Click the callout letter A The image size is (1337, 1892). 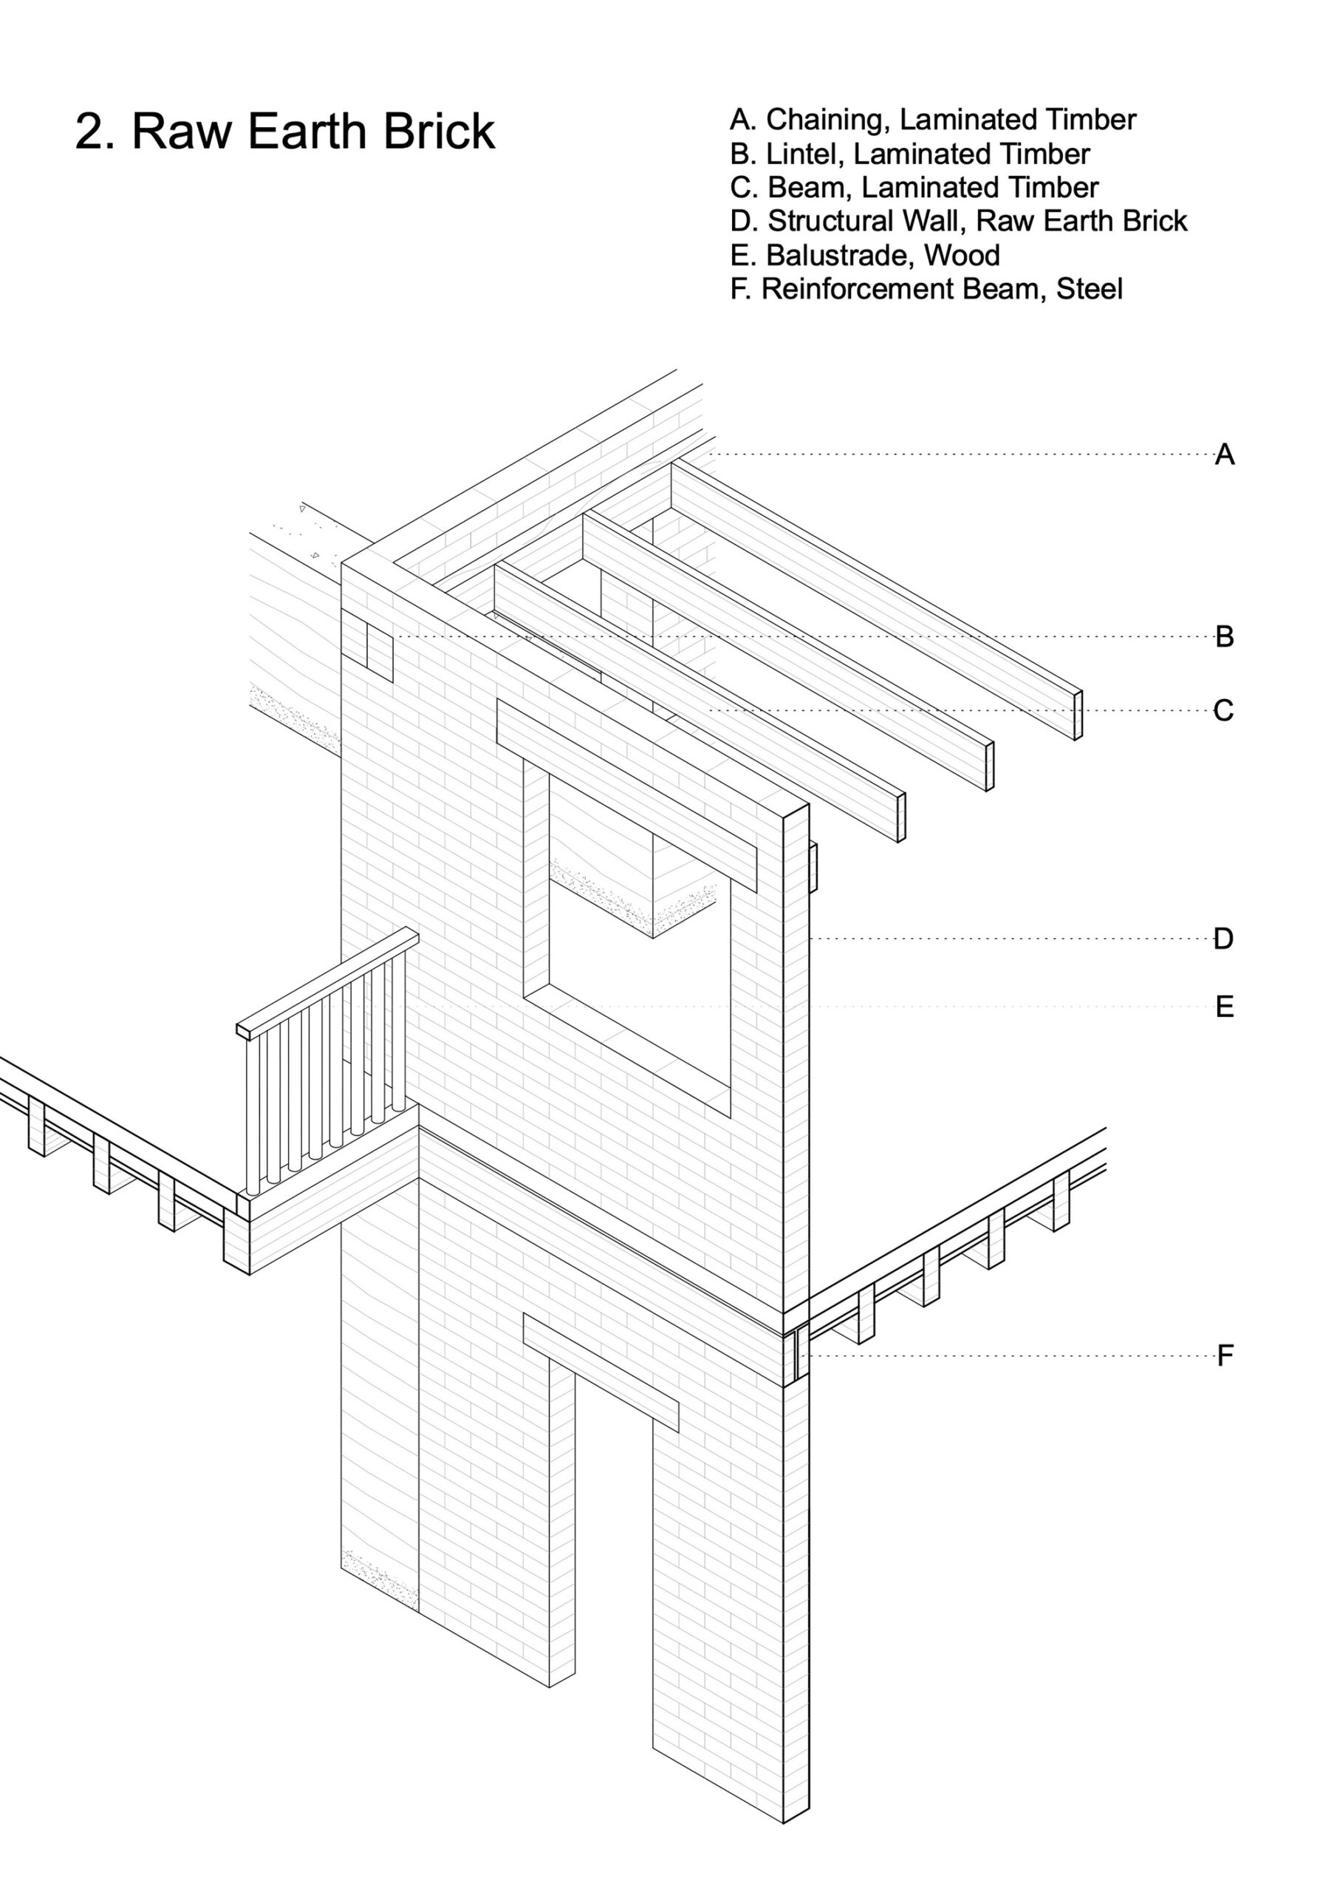tap(1224, 454)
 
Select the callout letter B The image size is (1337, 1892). tap(1224, 636)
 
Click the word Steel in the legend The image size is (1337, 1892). tap(1089, 289)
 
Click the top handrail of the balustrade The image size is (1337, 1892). tap(327, 982)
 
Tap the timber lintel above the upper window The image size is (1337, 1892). tap(626, 794)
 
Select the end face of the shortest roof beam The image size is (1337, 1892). tap(901, 817)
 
